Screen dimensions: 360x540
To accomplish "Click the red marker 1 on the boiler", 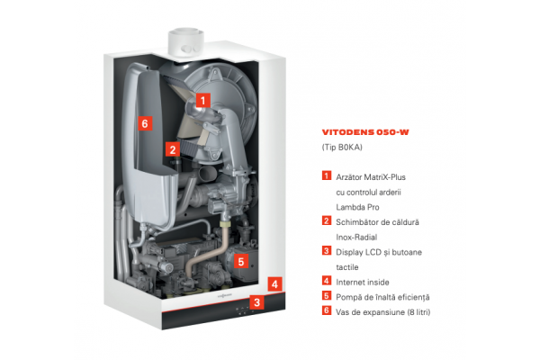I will [x=203, y=101].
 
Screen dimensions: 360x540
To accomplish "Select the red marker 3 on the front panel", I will [x=257, y=302].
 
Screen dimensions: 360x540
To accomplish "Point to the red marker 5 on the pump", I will [x=239, y=262].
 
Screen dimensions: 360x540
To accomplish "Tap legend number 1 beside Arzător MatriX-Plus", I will [x=325, y=176].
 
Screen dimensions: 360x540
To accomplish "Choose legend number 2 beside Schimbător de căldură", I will [x=325, y=220].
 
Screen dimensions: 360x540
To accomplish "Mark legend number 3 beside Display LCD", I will [x=325, y=251].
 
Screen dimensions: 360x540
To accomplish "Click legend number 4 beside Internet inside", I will [x=325, y=281].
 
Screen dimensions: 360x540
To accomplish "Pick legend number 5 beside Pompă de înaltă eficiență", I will [x=325, y=295].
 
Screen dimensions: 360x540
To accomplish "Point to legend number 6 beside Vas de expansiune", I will [x=325, y=310].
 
